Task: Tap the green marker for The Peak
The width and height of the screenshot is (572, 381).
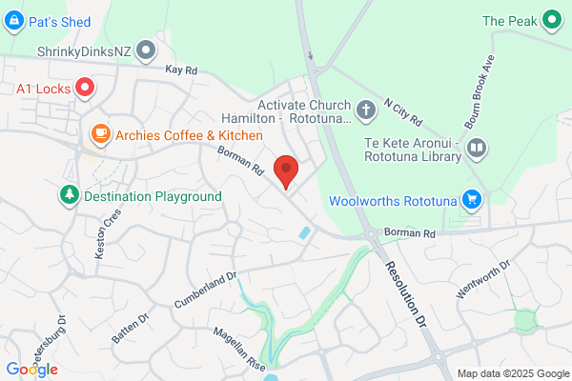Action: pos(552,19)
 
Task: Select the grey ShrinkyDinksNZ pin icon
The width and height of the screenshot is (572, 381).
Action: pos(145,49)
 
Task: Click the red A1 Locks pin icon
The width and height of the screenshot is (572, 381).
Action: pos(84,89)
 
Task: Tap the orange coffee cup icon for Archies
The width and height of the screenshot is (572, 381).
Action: pos(99,134)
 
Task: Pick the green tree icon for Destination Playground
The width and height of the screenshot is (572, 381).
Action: pos(69,195)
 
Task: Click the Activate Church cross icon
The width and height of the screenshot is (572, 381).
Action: pos(364,111)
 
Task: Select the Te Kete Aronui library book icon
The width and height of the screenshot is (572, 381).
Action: pos(477,149)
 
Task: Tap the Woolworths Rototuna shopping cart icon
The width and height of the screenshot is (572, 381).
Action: pos(470,199)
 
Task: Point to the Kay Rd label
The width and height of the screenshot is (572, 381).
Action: pos(180,70)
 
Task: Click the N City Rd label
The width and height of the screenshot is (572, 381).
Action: pos(402,111)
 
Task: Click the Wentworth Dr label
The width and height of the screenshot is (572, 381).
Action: pos(483,277)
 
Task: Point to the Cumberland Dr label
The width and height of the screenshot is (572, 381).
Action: pos(204,291)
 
